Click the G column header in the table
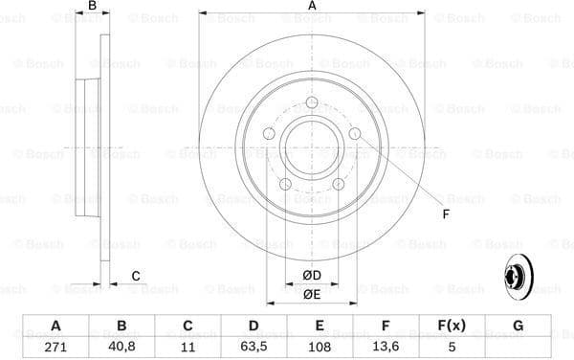(x=518, y=326)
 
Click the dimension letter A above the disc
(x=312, y=8)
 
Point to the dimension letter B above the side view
(x=93, y=8)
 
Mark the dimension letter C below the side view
(x=136, y=277)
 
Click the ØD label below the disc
(x=312, y=276)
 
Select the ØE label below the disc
(x=312, y=294)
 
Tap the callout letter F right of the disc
(x=446, y=214)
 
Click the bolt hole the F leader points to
(x=355, y=135)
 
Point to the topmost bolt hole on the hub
(x=311, y=104)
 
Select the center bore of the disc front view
(x=311, y=150)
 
